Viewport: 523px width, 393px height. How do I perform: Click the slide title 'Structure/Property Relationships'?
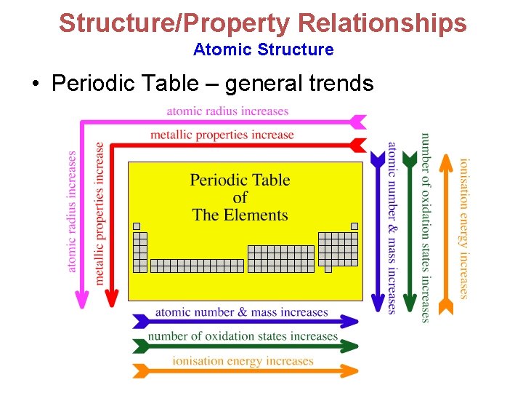[262, 23]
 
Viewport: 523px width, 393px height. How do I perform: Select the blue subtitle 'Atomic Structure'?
[263, 49]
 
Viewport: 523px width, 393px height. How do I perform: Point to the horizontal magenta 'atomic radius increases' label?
[227, 111]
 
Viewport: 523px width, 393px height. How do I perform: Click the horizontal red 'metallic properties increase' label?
[222, 135]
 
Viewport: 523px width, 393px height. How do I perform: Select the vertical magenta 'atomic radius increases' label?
[72, 211]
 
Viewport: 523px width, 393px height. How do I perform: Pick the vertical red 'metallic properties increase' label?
[100, 213]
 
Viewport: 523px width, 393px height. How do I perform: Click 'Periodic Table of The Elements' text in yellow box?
[240, 197]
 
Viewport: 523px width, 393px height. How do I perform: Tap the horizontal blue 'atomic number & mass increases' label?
[241, 312]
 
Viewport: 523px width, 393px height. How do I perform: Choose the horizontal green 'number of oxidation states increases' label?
[243, 336]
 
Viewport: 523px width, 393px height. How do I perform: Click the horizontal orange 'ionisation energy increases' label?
[243, 361]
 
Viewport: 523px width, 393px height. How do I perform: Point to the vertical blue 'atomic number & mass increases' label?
[392, 227]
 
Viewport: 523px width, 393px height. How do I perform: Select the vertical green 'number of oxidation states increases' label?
[426, 227]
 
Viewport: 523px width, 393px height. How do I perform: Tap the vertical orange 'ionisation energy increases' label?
[463, 227]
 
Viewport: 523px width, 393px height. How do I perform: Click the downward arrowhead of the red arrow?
[112, 298]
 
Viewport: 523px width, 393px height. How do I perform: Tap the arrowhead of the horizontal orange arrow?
[352, 370]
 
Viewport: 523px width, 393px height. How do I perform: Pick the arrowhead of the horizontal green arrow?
[352, 346]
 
